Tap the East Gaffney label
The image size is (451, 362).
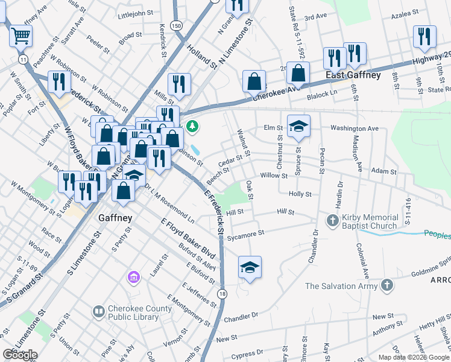coord(353,75)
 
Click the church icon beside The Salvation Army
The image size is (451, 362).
coord(386,285)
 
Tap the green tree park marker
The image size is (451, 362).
coord(192,126)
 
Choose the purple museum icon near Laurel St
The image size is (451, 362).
coord(133,278)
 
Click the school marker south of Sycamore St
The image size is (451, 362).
coord(250,268)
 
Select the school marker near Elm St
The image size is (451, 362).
coord(298,127)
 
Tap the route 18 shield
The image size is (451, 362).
coord(223,294)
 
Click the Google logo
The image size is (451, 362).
coord(20,354)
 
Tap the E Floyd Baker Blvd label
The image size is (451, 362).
coord(188,240)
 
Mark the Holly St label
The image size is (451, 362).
coord(300,194)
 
